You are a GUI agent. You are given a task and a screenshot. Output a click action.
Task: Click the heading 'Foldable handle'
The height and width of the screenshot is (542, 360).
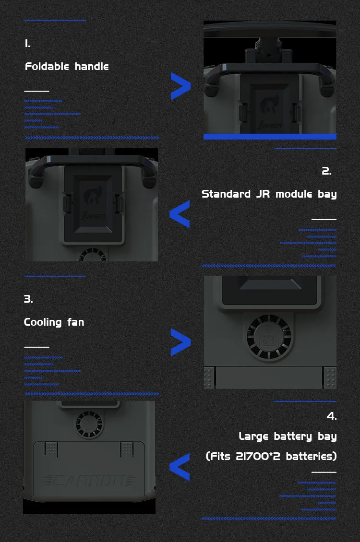click(67, 66)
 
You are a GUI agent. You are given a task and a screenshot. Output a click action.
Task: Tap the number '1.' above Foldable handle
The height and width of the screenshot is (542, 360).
click(27, 44)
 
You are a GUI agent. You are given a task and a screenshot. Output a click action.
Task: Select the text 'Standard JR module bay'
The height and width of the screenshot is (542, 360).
click(269, 194)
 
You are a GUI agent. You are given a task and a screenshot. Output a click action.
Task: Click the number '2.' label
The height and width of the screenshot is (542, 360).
click(326, 171)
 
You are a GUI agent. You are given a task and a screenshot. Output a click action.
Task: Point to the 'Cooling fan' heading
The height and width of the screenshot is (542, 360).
click(54, 322)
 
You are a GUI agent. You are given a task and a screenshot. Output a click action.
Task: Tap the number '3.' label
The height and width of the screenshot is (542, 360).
click(28, 299)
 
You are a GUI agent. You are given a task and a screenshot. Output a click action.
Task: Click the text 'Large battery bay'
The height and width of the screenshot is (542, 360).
click(288, 436)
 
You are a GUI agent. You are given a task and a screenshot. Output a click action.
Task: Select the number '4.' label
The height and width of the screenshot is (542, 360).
click(332, 416)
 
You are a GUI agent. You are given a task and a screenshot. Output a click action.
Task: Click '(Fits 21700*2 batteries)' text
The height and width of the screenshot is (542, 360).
click(271, 456)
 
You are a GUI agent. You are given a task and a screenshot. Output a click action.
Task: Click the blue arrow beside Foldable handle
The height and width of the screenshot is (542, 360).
click(180, 87)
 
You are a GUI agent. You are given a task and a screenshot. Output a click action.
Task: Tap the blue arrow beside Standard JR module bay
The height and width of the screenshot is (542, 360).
click(180, 214)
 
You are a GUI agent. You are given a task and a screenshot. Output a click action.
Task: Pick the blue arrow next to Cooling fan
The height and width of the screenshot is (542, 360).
click(180, 342)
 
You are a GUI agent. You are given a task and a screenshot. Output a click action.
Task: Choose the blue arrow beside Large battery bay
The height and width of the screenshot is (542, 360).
click(180, 467)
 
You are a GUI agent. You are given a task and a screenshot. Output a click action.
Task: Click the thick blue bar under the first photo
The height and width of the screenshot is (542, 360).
click(270, 137)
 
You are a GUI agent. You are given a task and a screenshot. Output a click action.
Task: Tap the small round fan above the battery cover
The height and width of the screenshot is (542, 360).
click(89, 423)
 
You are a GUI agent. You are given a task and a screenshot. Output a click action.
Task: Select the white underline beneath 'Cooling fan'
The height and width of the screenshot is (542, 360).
click(36, 346)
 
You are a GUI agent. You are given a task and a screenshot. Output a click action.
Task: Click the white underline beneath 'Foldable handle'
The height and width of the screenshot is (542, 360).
click(36, 91)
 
